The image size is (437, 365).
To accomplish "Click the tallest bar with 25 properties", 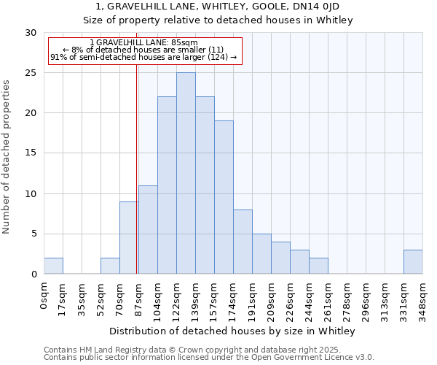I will (186, 173).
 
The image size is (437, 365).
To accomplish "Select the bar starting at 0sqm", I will (53, 266).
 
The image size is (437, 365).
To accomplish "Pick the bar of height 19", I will (224, 197).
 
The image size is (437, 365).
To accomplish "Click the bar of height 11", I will (148, 230).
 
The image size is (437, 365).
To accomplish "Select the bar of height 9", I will (129, 238).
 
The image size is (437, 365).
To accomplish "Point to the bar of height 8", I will (243, 242).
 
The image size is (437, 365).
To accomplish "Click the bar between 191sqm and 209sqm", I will (261, 254).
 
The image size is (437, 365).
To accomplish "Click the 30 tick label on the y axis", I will (31, 33).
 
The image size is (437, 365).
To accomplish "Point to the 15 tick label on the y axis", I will (31, 153).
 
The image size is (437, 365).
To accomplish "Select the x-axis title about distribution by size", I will (233, 331).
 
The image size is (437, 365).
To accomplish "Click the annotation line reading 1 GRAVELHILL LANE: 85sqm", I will (143, 43).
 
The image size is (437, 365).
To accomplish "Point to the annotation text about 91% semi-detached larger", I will (143, 57).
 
